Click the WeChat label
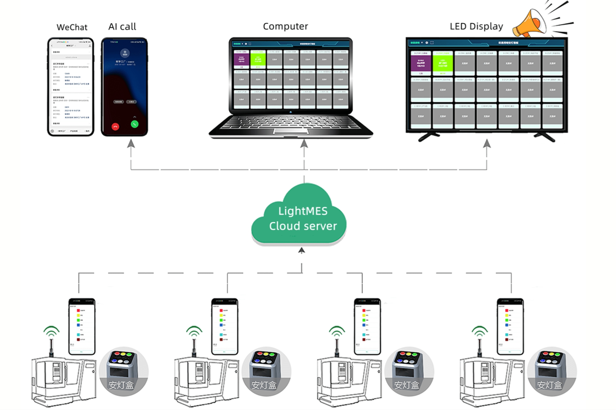pos(72,27)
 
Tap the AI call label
pos(122,27)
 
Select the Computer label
pos(285,26)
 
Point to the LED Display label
pos(476,26)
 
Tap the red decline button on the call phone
pos(115,127)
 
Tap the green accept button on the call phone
pos(135,124)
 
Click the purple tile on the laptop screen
pos(241,59)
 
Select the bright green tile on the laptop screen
pos(258,59)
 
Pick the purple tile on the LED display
pos(421,63)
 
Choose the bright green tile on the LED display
pos(443,63)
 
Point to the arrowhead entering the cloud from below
pos(301,250)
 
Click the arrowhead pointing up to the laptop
pos(304,143)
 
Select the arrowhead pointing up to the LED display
pos(487,143)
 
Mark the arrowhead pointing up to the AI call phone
pos(131,143)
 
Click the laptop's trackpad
pos(291,131)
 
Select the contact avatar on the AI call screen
pos(125,53)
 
